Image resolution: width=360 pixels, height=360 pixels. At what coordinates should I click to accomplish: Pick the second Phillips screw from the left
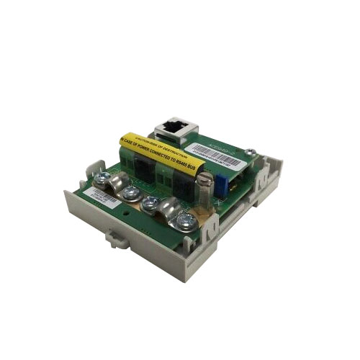133,194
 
